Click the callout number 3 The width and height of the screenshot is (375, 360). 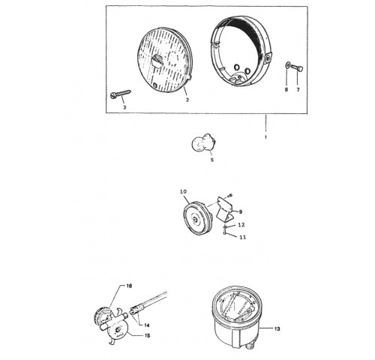point(124,107)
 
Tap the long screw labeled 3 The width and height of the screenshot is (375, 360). point(121,94)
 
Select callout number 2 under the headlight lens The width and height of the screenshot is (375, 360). point(187,100)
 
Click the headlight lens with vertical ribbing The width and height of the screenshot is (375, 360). point(165,59)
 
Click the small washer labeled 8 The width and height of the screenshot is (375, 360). point(287,65)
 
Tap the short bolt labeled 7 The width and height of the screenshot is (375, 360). point(297,67)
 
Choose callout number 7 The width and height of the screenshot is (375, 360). point(298,89)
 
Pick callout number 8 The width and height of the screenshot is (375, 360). point(286,89)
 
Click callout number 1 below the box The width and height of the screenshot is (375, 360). point(265,137)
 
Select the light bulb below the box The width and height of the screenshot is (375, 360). point(204,143)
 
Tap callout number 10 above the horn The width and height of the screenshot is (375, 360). point(183,192)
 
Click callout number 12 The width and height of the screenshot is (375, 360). point(241,225)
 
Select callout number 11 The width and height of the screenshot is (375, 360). point(243,237)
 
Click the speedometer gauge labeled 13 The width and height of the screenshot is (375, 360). point(235,317)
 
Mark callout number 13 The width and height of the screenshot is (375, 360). point(277,328)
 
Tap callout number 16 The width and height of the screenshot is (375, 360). point(129,286)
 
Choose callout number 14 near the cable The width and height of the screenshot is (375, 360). point(146,325)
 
